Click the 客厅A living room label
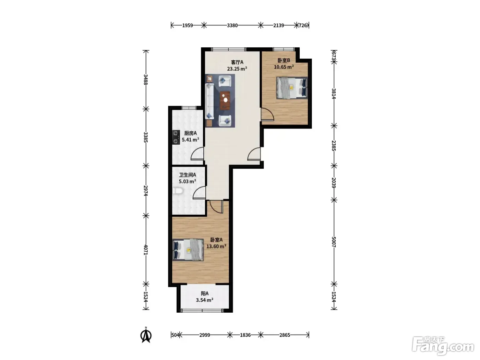click(237, 62)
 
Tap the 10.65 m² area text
click(284, 67)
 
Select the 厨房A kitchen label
click(190, 133)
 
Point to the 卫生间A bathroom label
click(188, 175)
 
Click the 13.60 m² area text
click(216, 246)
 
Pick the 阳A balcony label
click(205, 293)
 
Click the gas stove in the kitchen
click(176, 137)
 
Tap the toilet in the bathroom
click(177, 191)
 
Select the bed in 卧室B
click(292, 88)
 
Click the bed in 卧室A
click(188, 250)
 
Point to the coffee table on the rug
click(225, 100)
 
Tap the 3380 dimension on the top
click(232, 26)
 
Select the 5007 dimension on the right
click(334, 242)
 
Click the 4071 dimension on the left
click(146, 250)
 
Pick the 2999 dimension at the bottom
click(205, 335)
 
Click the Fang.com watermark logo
click(443, 346)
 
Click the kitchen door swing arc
click(197, 154)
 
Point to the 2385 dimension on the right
click(334, 146)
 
